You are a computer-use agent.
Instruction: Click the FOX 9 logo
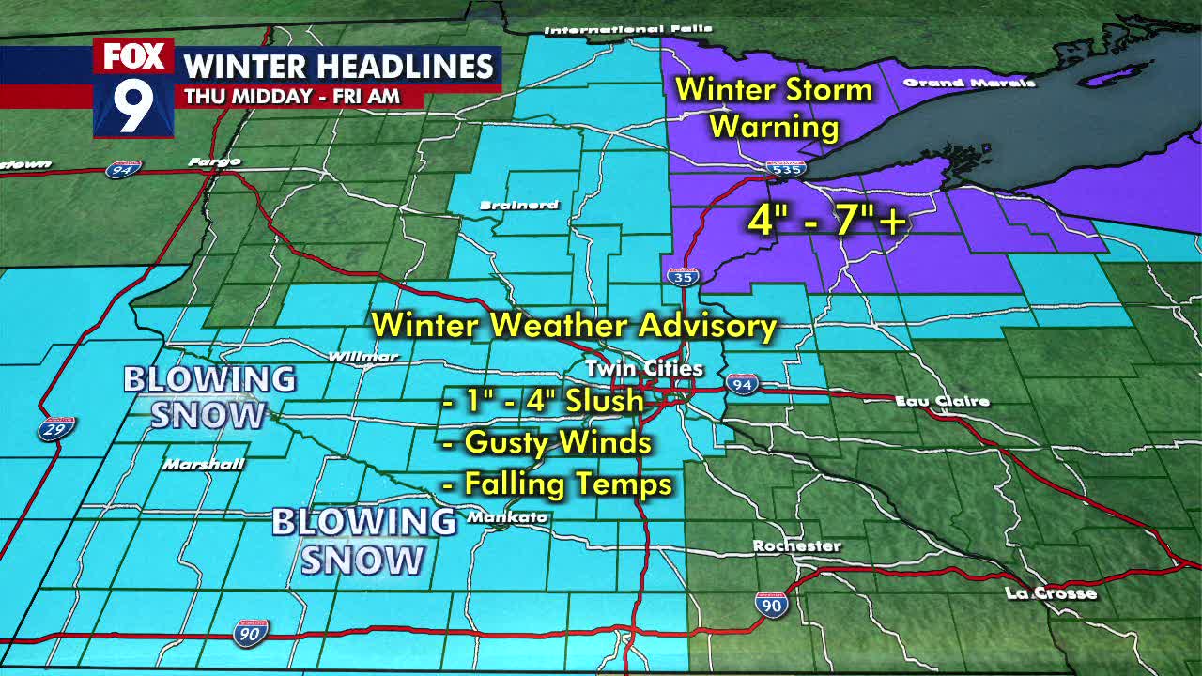[x=133, y=88]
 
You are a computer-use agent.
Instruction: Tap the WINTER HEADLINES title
[x=339, y=67]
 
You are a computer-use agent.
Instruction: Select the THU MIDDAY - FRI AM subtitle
[x=292, y=96]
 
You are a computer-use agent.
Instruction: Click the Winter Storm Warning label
[x=774, y=107]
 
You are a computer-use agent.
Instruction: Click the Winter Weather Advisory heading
[x=574, y=326]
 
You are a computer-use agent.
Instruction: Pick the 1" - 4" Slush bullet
[x=544, y=401]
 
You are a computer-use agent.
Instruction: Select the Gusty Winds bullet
[x=547, y=441]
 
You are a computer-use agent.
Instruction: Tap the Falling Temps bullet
[x=557, y=484]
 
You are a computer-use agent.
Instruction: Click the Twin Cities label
[x=643, y=368]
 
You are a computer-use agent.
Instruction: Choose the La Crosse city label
[x=1050, y=593]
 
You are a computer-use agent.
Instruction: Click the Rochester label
[x=796, y=545]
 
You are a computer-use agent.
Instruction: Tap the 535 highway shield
[x=785, y=169]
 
